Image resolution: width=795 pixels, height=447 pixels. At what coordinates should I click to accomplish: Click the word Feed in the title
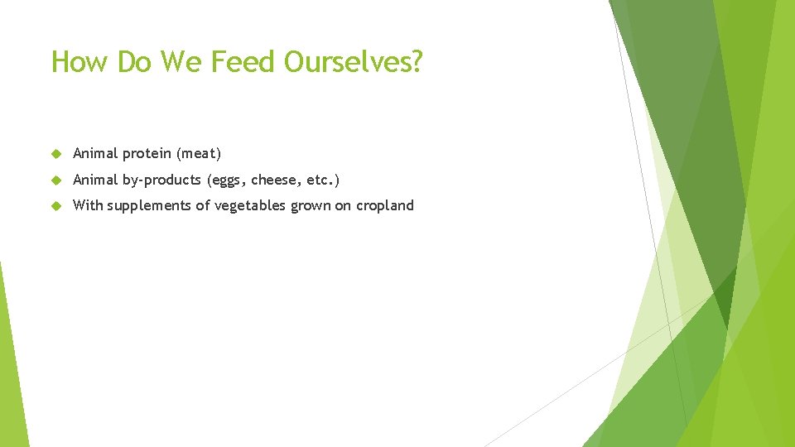(x=240, y=62)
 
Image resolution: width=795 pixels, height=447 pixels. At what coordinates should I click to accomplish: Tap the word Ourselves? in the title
(x=353, y=62)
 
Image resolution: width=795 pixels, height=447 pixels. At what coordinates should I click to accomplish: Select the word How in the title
(x=80, y=62)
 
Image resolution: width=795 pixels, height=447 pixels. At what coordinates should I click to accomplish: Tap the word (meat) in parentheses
(x=199, y=154)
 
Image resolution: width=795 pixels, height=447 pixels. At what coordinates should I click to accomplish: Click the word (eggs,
(x=227, y=180)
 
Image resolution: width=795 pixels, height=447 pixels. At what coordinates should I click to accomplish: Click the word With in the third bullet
(x=88, y=206)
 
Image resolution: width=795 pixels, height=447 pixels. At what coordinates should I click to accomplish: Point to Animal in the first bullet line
(x=95, y=154)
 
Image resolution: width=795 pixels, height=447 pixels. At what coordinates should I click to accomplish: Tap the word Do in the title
(x=132, y=62)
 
